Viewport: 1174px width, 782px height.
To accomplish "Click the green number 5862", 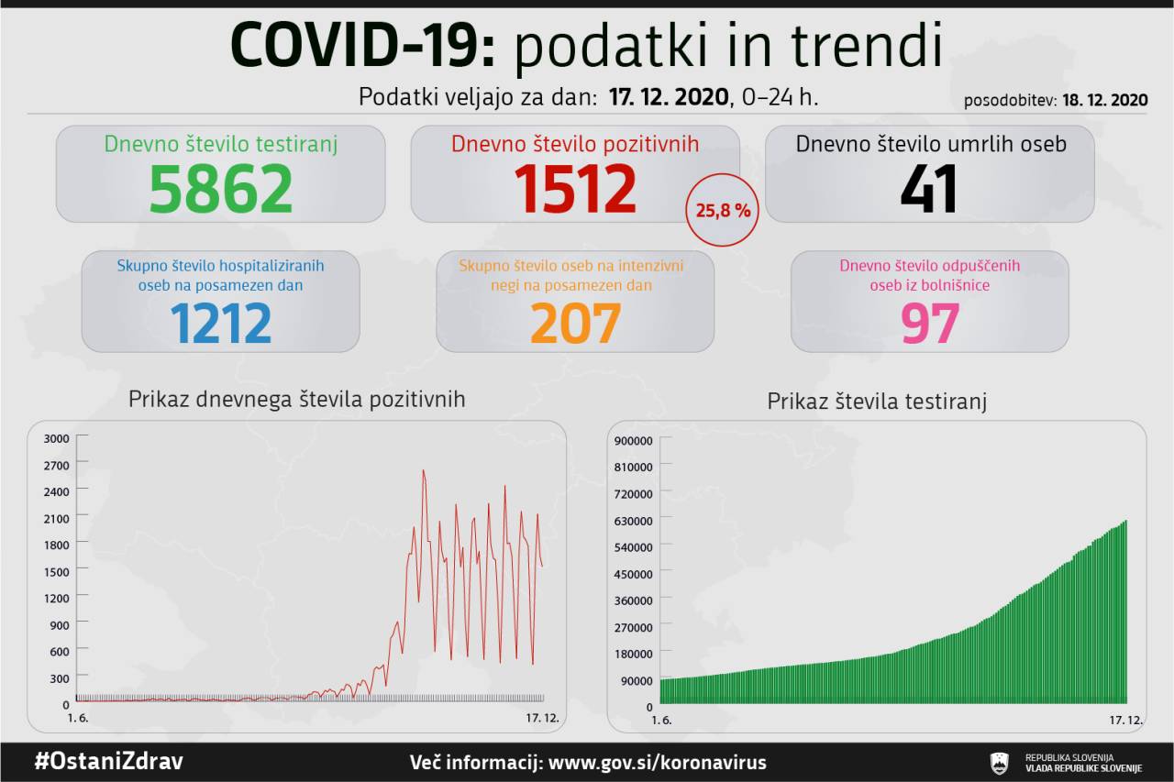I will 221,188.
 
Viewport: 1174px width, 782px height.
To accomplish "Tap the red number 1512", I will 575,188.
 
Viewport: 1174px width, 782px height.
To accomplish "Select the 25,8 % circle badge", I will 724,210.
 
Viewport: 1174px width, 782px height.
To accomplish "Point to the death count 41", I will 928,188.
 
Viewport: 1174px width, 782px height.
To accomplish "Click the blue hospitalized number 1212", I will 220,322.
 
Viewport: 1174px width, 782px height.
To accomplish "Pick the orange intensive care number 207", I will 575,322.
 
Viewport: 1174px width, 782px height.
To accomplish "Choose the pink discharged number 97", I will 929,322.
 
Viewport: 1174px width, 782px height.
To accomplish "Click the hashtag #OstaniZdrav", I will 108,762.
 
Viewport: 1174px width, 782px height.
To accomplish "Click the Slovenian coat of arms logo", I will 999,763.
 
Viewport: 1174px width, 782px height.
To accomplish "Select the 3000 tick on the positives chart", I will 57,438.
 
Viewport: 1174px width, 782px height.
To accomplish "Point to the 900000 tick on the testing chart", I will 633,440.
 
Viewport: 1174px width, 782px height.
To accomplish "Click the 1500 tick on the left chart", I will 57,571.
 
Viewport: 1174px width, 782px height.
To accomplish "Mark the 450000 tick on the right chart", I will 633,574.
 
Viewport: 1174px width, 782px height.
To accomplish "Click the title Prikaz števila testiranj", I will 877,402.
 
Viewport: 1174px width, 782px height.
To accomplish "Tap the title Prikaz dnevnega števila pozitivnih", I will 296,399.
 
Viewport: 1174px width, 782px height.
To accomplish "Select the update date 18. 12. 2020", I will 1105,100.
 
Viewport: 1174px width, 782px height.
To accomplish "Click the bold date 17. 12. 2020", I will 669,96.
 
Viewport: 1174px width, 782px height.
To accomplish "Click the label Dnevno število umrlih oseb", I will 930,144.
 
